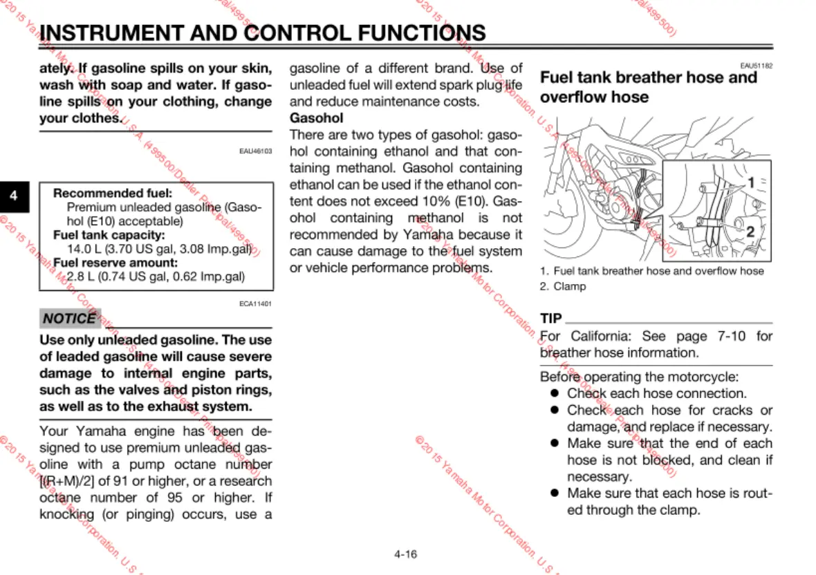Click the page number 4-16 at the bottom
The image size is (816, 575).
pyautogui.click(x=406, y=554)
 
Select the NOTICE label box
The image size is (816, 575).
pyautogui.click(x=69, y=319)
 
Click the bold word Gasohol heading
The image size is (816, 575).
pyautogui.click(x=316, y=118)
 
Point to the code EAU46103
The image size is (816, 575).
pyautogui.click(x=255, y=151)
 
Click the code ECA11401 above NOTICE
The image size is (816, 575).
pyautogui.click(x=255, y=303)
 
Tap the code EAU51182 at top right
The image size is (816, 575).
pyautogui.click(x=756, y=66)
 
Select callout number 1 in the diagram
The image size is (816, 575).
pyautogui.click(x=750, y=183)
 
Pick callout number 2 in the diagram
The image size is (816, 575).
pyautogui.click(x=750, y=232)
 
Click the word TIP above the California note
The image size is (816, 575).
pyautogui.click(x=551, y=319)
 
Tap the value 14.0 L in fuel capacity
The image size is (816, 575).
pyautogui.click(x=82, y=248)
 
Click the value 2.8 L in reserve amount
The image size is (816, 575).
pyautogui.click(x=80, y=277)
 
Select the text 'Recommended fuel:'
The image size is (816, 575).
pyautogui.click(x=102, y=194)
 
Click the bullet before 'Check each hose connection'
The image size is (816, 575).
pyautogui.click(x=554, y=393)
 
